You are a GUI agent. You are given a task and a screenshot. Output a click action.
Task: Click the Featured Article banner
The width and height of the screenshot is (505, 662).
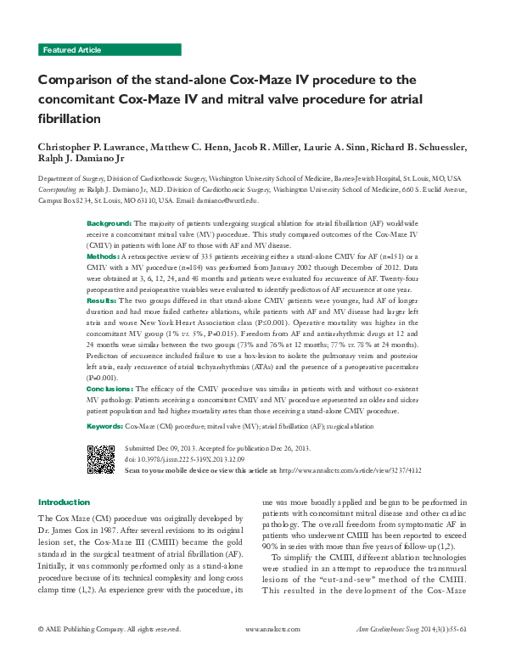pos(72,50)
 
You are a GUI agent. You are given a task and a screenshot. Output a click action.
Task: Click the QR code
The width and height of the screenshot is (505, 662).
pos(101,457)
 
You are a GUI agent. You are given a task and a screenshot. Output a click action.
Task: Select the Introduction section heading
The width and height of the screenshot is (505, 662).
pos(64,502)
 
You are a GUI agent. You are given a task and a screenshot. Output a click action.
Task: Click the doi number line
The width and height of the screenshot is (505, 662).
pos(184,458)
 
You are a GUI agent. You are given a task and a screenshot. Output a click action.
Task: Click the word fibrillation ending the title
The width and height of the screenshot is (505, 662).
pos(70,118)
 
